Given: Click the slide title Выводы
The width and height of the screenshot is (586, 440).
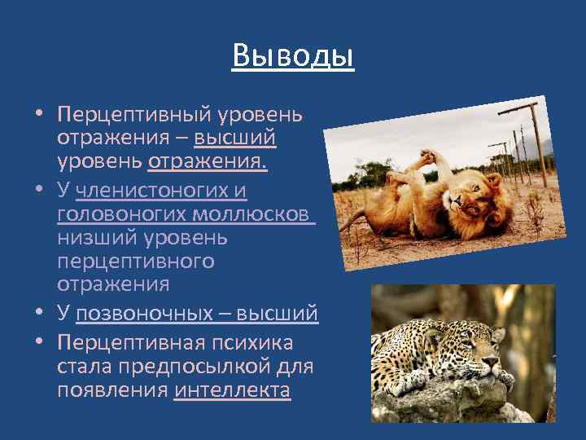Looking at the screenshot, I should [292, 57].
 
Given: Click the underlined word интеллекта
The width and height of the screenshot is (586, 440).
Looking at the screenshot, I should [232, 390].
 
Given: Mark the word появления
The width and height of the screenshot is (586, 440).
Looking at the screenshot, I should [112, 390].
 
